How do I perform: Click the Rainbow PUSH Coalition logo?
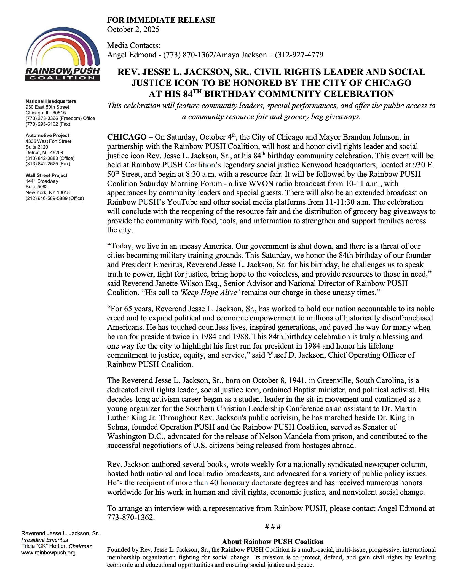63,54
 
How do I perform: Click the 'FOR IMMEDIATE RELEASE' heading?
161,20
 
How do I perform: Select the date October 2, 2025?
133,30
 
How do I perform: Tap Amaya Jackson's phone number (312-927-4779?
299,55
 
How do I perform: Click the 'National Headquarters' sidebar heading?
51,101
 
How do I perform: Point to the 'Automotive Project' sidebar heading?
47,135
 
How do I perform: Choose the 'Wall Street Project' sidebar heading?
46,175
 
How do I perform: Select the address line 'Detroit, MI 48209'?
44,152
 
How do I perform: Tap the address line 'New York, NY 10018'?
47,192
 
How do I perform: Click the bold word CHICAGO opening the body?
127,137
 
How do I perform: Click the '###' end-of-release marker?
273,527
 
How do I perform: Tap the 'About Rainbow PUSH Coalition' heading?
273,542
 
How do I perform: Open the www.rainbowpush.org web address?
48,553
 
